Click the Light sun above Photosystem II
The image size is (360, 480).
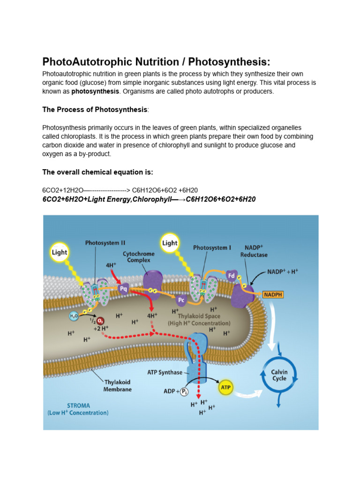pos(60,252)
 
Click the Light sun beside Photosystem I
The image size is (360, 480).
pos(170,243)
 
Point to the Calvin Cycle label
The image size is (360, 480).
pos(279,375)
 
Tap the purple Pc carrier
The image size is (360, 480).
pos(180,299)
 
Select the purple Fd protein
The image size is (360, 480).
pos(231,276)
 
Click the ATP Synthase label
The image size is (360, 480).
pos(165,373)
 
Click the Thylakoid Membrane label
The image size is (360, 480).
pos(118,385)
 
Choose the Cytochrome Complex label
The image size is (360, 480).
pos(136,256)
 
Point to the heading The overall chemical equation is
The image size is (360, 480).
pos(98,172)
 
